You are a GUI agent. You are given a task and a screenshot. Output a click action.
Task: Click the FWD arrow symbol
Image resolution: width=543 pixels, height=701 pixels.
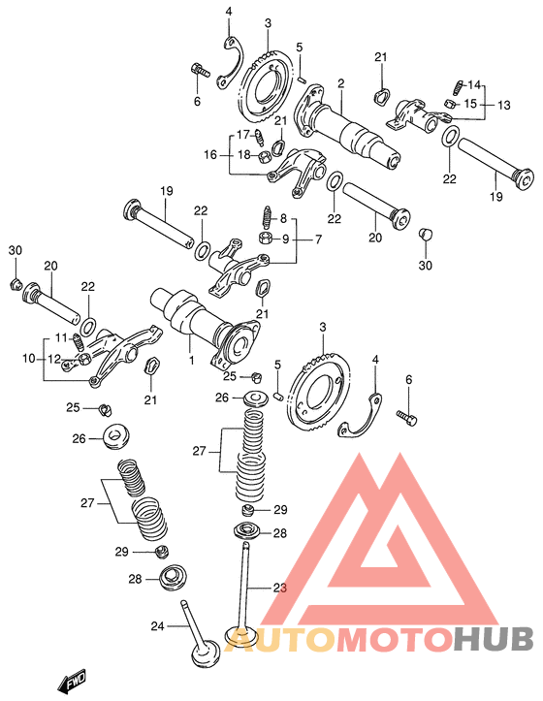pos(71,683)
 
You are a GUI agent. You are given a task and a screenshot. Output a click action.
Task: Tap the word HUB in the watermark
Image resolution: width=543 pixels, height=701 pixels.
pos(493,639)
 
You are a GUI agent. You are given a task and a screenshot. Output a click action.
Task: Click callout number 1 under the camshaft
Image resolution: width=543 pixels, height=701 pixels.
pos(191,360)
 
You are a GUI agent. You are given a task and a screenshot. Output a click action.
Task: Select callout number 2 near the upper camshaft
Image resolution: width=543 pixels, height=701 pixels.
pos(340,83)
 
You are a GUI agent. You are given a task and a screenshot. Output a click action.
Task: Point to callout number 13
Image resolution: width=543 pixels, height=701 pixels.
pos(503,105)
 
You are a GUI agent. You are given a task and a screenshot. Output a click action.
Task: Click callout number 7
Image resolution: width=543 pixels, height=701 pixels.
pos(318,239)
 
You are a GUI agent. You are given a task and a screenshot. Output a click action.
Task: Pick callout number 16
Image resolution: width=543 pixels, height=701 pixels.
pos(210,155)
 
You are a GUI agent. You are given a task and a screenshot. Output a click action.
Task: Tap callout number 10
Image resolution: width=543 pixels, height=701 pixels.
pos(29,358)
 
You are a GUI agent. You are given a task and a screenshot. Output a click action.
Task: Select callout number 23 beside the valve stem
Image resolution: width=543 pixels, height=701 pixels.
pos(280,588)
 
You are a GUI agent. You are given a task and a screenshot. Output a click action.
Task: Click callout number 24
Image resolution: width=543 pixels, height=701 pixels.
pos(157,626)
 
